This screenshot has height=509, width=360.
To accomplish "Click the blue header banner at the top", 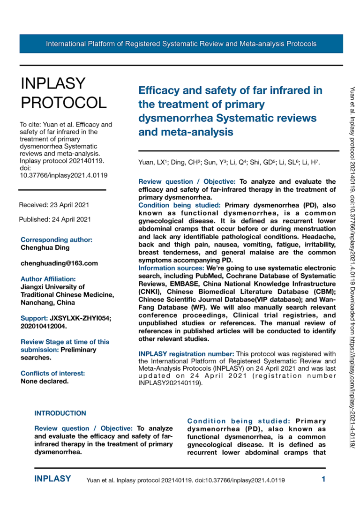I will tap(181, 44).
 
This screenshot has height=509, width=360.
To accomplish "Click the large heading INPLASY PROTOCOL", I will tap(63, 93).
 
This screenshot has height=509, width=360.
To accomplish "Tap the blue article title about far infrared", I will tap(231, 111).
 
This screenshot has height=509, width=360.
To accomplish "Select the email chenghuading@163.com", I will tap(59, 263).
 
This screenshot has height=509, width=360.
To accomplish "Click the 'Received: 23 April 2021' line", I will tap(54, 205).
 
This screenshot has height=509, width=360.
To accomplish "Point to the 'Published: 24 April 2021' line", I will tap(55, 219).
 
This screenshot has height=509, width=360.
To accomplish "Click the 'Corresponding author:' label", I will tap(57, 240).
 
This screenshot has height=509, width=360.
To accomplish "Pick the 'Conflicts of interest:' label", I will tap(53, 374).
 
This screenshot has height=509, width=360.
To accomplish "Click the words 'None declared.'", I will tap(45, 381).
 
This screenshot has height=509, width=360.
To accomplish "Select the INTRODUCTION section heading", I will tap(60, 413).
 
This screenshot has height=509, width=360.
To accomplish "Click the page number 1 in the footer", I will tap(323, 479).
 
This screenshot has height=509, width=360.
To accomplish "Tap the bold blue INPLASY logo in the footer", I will tap(52, 479).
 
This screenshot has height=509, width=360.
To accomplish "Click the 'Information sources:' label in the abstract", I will tap(171, 268).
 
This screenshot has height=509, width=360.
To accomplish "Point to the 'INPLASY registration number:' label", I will tap(187, 353).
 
